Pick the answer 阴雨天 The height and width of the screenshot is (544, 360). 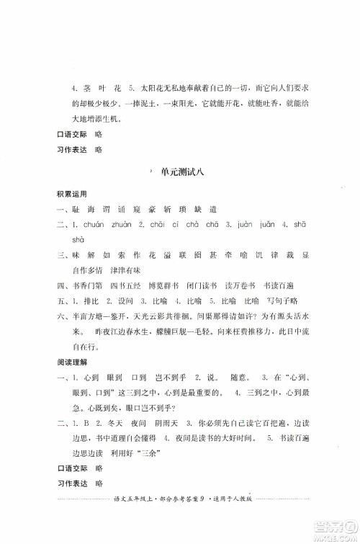[176, 440]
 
